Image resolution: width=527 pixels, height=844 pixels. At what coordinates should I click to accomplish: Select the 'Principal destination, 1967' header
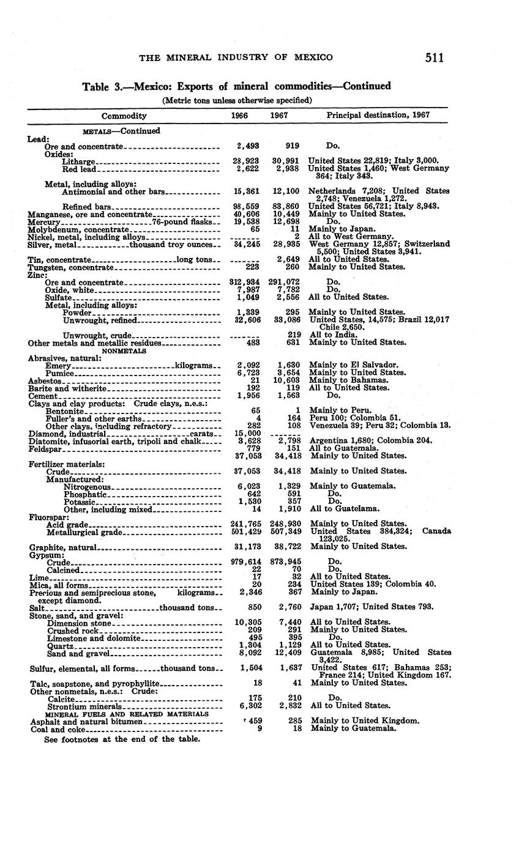pos(378,115)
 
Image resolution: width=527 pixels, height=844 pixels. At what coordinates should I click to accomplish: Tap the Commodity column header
pos(124,116)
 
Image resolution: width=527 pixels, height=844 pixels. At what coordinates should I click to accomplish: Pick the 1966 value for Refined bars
pos(248,207)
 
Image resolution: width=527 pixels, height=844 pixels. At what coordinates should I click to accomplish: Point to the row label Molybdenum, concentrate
pos(78,229)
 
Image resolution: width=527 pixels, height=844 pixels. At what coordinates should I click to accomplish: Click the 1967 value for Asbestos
pos(287,380)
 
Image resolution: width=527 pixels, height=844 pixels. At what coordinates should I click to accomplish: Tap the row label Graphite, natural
pos(63,547)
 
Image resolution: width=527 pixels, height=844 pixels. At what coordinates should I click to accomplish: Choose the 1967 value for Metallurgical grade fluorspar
pos(285,532)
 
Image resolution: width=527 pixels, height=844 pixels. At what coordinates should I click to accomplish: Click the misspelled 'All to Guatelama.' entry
pos(345,509)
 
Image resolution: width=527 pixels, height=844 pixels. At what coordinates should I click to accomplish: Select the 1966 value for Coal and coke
pos(259,729)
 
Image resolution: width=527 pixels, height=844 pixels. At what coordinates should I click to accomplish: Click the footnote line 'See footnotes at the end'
pos(122,739)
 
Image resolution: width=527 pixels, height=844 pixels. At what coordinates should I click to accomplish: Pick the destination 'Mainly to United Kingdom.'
pos(365,721)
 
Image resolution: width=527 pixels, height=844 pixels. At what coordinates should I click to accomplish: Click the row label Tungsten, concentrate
pos(71,267)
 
